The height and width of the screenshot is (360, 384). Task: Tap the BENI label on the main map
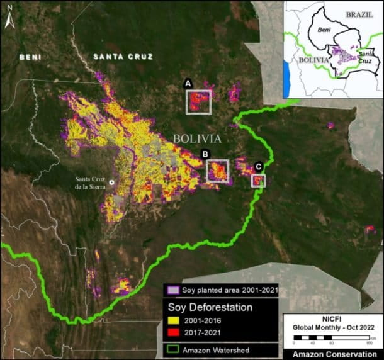click(31, 57)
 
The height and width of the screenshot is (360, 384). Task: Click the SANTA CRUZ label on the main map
click(123, 57)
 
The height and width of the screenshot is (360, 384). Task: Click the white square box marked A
click(198, 101)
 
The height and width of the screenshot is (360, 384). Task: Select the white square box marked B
click(218, 171)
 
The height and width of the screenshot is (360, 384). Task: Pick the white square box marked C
click(258, 181)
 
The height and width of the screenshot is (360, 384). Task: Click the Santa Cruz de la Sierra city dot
click(111, 182)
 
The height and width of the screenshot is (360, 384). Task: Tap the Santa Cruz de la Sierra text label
click(88, 183)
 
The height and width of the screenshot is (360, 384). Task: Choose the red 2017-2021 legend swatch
click(174, 334)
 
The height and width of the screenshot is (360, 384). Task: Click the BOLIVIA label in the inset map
click(312, 60)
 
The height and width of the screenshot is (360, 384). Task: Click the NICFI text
click(332, 319)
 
